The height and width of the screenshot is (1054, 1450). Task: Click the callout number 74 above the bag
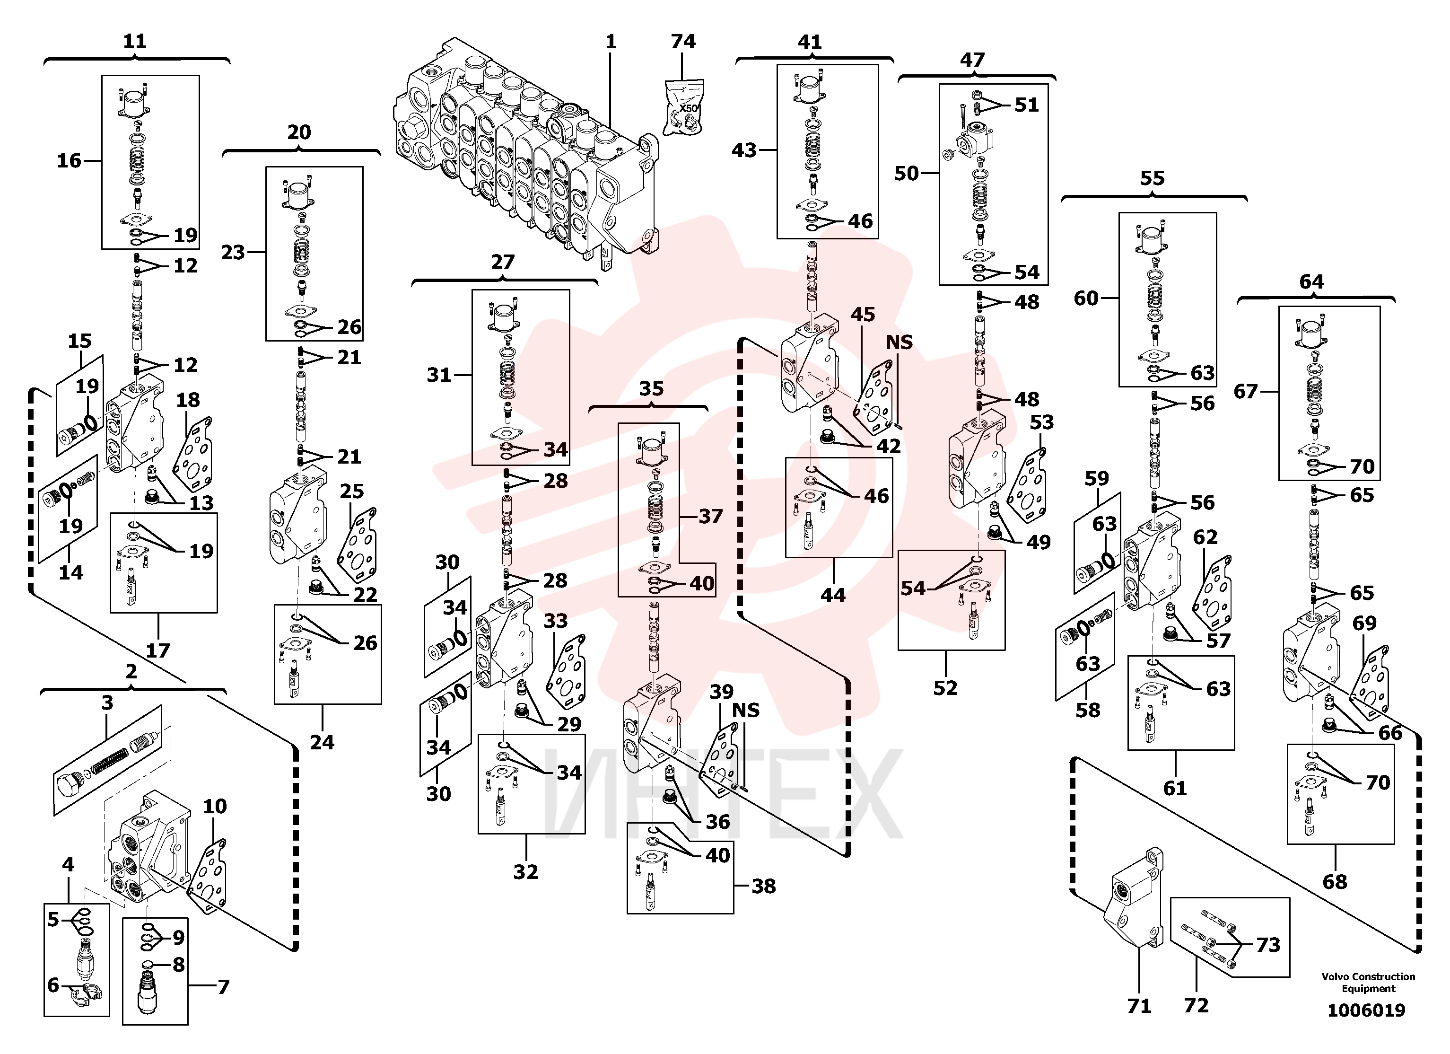tap(683, 42)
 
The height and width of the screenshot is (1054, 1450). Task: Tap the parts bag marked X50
tap(683, 107)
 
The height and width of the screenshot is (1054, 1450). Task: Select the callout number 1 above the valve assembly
tap(611, 42)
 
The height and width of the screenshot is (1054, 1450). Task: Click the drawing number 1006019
tap(1366, 1010)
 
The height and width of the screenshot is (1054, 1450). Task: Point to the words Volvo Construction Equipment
tap(1368, 983)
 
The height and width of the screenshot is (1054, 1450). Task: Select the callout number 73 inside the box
tap(1268, 945)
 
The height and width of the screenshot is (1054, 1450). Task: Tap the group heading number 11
tap(134, 41)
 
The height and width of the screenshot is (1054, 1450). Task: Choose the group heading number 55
tap(1152, 178)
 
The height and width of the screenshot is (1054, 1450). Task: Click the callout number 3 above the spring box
tap(107, 702)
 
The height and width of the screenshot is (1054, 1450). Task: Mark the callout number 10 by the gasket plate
tap(215, 806)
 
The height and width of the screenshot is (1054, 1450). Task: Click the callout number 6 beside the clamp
tap(53, 985)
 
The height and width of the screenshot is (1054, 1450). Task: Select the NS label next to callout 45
tap(899, 342)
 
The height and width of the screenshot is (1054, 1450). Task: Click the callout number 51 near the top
tap(1027, 104)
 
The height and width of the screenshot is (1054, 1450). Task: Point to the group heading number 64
tap(1311, 281)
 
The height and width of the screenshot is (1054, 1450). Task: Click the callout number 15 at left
tap(79, 341)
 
